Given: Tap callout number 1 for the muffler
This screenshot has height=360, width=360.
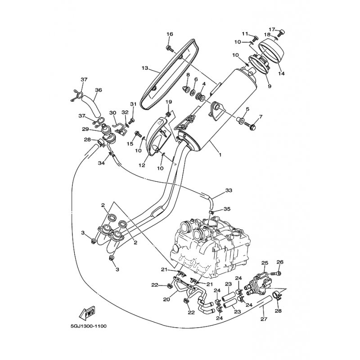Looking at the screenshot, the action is (x=220, y=155).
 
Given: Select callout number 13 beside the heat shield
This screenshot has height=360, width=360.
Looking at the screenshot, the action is (x=144, y=68).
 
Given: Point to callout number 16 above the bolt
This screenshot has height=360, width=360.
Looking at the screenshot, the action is (x=170, y=34).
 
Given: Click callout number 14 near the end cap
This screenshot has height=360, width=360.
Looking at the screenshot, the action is (x=282, y=73).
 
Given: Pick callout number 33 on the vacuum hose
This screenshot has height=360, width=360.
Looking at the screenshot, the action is (x=229, y=190).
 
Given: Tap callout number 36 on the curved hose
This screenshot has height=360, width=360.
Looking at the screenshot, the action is (x=98, y=90).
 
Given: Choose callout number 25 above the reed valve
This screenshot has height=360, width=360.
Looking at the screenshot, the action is (x=265, y=262).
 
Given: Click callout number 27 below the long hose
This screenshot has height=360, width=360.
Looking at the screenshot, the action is (x=264, y=319).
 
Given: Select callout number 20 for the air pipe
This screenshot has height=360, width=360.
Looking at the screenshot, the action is (x=166, y=299).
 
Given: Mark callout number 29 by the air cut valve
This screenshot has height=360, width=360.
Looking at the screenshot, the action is (x=85, y=129).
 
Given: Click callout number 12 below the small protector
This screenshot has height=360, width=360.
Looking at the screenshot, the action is (x=142, y=165).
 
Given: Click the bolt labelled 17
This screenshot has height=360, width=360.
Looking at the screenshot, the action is (x=281, y=33).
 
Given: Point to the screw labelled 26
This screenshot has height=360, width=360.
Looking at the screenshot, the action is (x=276, y=274).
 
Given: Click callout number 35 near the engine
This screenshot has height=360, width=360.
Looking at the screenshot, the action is (x=227, y=209).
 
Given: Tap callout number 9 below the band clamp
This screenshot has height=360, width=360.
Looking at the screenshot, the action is (x=270, y=86).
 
